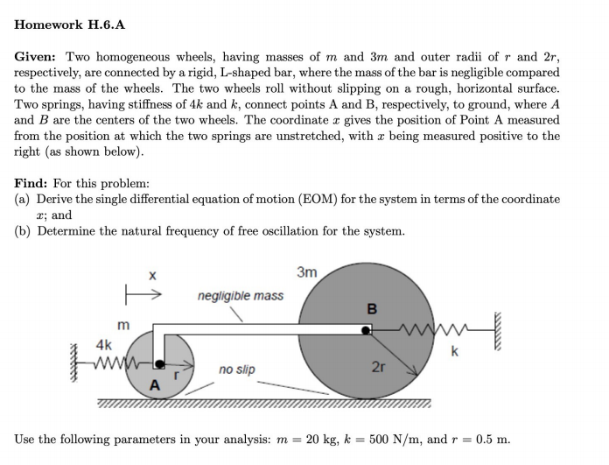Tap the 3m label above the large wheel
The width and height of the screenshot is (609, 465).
pos(307,272)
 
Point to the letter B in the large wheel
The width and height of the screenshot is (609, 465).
pos(372,309)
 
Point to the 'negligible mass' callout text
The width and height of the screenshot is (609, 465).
pos(241,296)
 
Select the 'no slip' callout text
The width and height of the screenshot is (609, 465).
pos(237,370)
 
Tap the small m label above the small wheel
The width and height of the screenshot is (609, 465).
pos(123,325)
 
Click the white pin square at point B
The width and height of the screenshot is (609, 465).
pos(367,330)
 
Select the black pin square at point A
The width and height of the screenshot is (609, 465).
pos(159,362)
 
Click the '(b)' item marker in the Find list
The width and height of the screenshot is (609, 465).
pos(24,231)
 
